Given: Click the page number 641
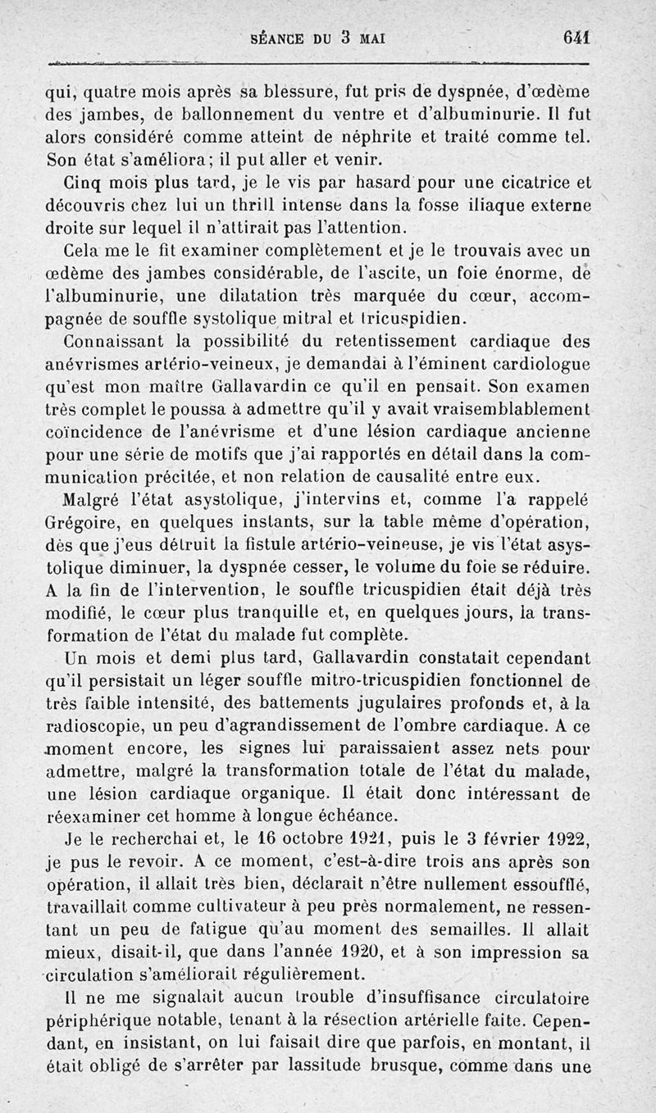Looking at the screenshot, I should pyautogui.click(x=576, y=37).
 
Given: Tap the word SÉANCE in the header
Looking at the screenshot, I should pyautogui.click(x=279, y=38).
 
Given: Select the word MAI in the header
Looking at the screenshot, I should pyautogui.click(x=371, y=38).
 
